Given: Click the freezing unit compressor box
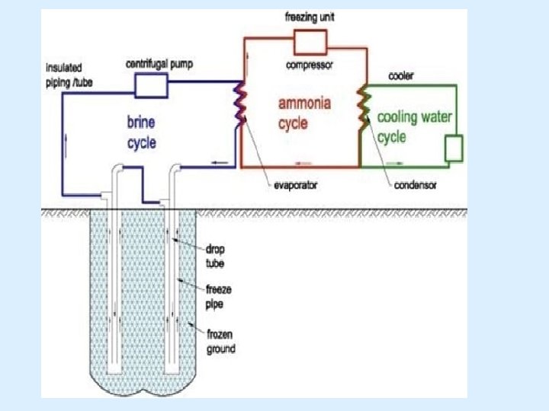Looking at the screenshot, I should tap(309, 41).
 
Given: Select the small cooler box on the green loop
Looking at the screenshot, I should tap(454, 148).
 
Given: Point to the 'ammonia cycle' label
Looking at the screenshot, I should tap(303, 113).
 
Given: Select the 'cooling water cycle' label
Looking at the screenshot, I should tap(415, 127).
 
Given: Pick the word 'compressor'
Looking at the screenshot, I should tap(309, 65).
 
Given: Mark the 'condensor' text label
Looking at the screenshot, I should tap(416, 185).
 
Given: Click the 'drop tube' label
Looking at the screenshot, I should tap(216, 255).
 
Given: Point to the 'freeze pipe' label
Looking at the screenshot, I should tap(219, 295).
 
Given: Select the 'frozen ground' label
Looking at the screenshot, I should tap(221, 342).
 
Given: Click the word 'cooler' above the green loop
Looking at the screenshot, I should tap(402, 76).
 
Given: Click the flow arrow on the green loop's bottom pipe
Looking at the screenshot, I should tap(395, 163).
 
